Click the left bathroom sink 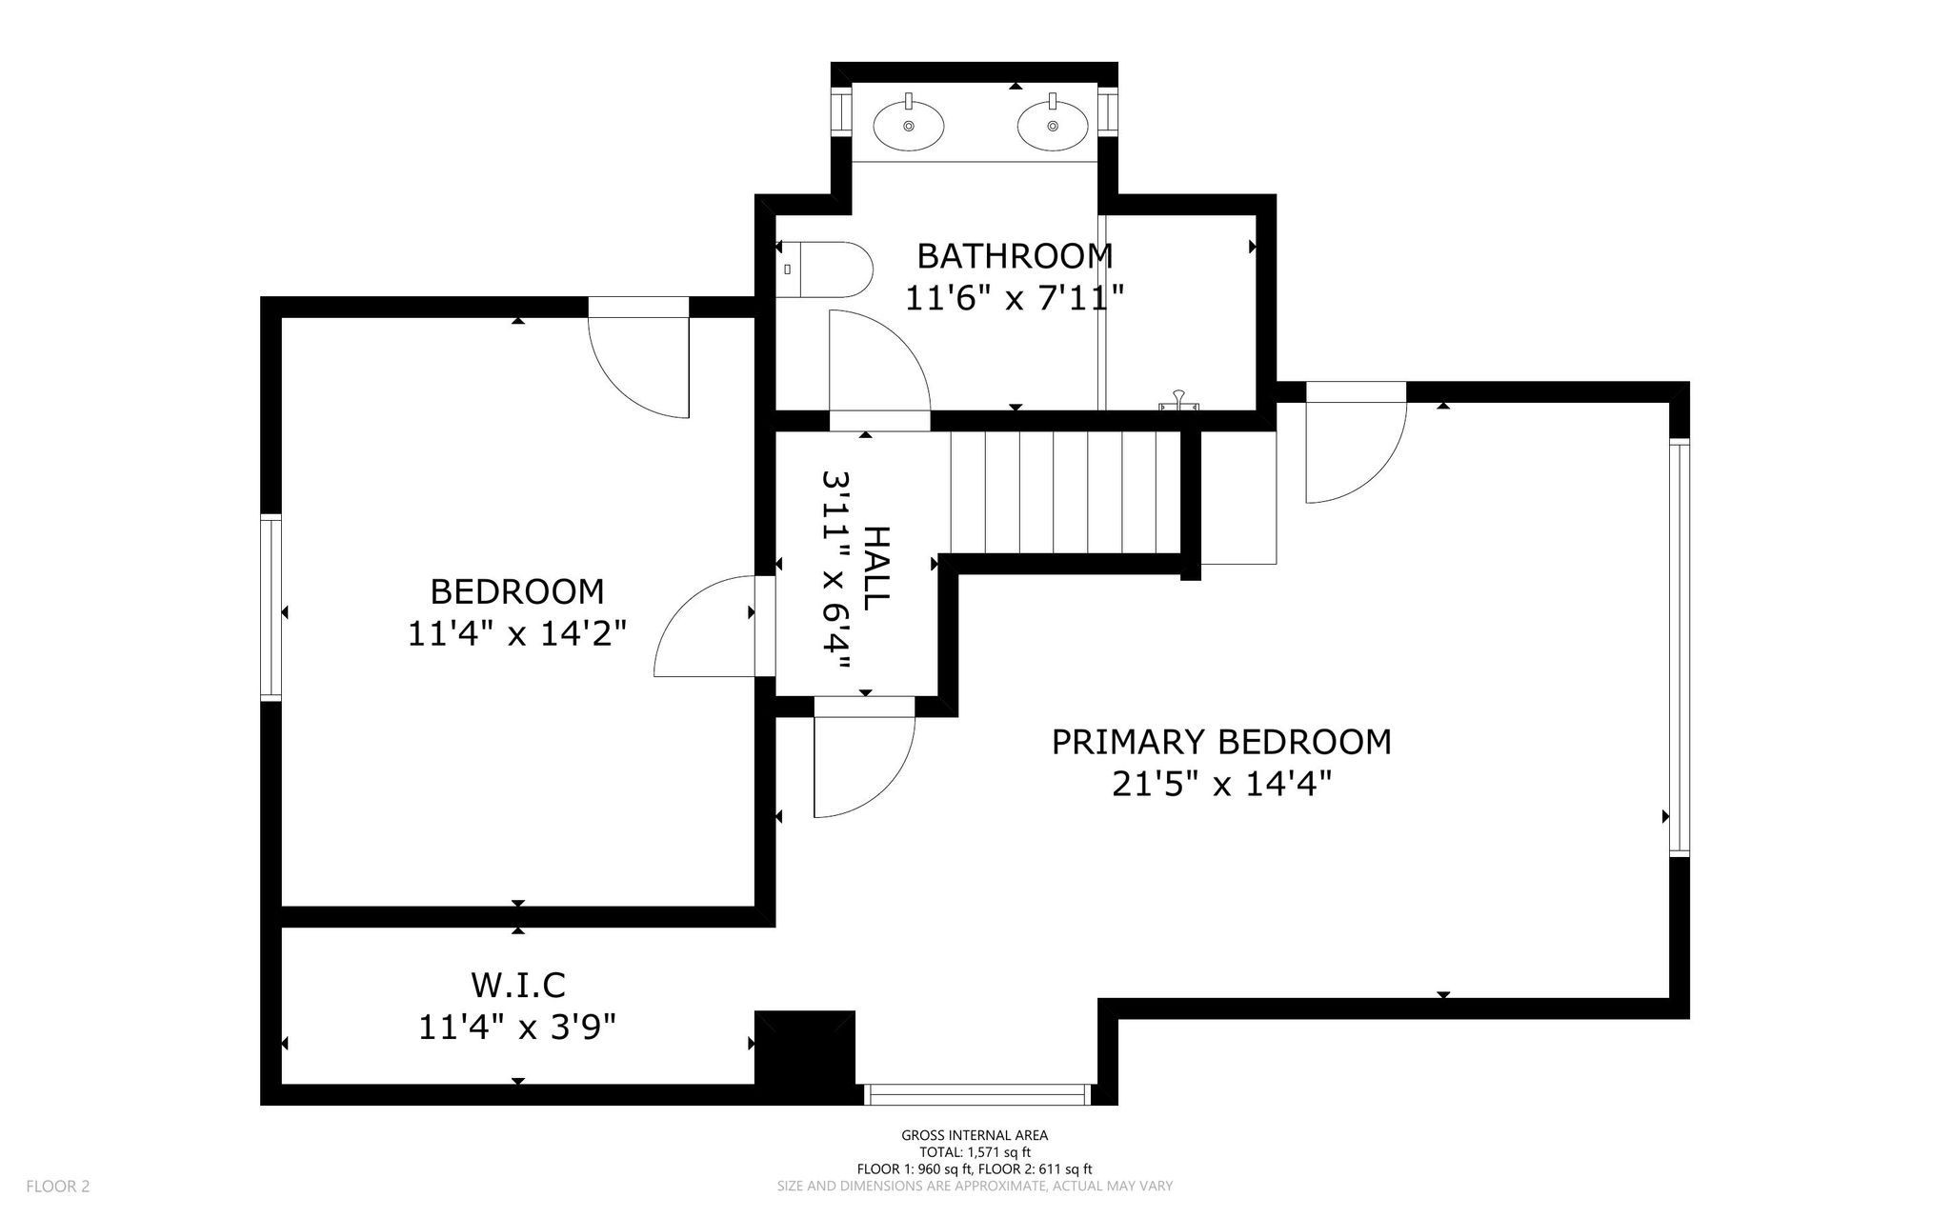[909, 125]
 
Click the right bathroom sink [1053, 125]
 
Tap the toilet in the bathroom [824, 270]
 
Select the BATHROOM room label [1015, 256]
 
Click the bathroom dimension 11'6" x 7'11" [1015, 298]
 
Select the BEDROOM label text [517, 591]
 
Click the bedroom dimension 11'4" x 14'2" [517, 633]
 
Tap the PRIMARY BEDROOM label [1221, 742]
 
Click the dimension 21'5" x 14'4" [1221, 784]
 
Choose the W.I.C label [517, 984]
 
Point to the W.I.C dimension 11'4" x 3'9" [517, 1027]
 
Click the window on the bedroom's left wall [272, 608]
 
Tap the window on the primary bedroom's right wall [1679, 648]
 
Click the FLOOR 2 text [58, 1187]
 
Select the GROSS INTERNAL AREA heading [975, 1135]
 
